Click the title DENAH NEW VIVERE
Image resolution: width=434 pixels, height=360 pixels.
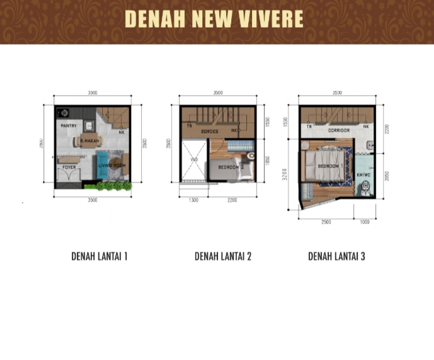(214, 20)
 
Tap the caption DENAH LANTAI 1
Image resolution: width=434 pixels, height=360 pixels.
(100, 256)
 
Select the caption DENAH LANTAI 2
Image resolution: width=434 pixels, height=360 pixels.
(223, 256)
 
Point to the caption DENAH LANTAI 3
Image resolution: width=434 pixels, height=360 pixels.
(336, 256)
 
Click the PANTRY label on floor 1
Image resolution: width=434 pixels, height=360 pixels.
(69, 126)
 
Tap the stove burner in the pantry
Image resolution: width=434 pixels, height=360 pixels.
(63, 113)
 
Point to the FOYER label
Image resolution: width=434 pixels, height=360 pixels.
(69, 167)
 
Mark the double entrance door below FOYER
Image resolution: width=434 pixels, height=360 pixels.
(69, 179)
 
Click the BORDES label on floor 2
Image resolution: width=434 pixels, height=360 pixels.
(209, 131)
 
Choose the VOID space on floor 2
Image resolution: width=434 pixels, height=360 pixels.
(194, 160)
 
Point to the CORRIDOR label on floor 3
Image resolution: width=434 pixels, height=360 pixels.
(339, 130)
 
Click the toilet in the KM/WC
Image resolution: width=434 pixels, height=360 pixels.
(365, 189)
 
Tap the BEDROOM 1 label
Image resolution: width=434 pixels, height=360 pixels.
(328, 166)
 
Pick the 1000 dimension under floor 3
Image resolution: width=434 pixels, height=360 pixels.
(365, 222)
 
